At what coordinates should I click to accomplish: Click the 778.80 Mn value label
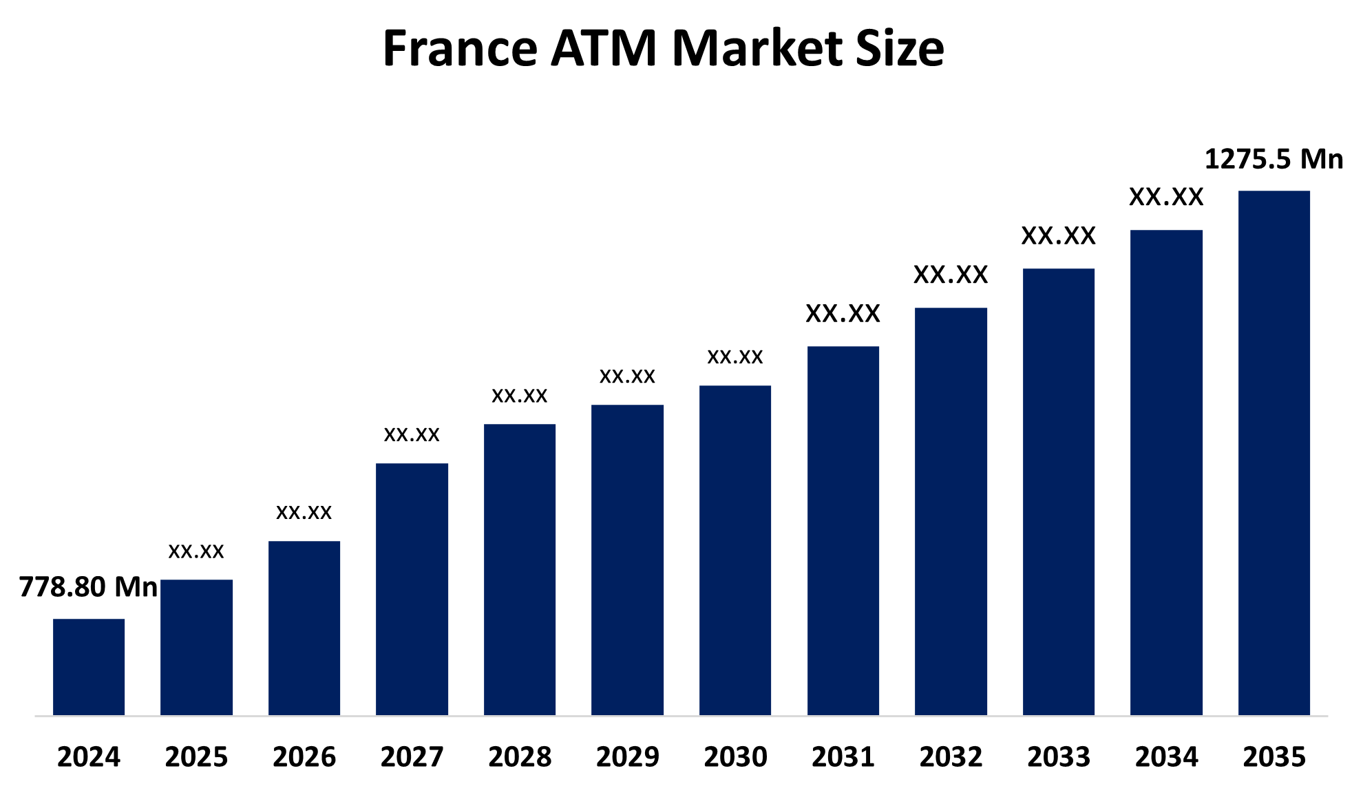(88, 587)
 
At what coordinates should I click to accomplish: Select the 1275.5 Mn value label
(1274, 160)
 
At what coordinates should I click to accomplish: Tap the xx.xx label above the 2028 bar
(520, 396)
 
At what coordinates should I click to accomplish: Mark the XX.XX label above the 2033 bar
(1058, 236)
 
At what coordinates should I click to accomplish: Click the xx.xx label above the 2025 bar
(196, 551)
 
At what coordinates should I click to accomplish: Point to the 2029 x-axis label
(627, 757)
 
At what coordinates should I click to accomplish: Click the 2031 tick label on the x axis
(843, 757)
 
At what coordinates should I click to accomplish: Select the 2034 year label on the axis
(1166, 757)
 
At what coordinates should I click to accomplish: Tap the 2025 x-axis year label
(196, 757)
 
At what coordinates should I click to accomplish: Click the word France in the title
(460, 49)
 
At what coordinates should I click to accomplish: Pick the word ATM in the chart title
(604, 49)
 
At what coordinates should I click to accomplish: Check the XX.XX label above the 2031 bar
(843, 314)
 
